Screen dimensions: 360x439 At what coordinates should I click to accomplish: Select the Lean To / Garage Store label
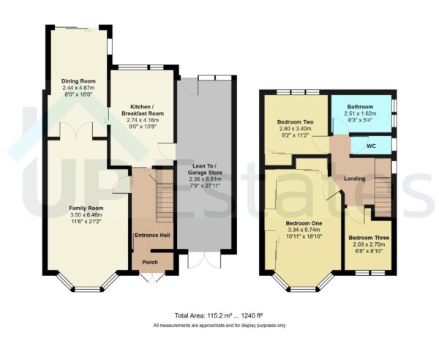pyautogui.click(x=205, y=168)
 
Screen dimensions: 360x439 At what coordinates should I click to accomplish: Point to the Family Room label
pyautogui.click(x=80, y=208)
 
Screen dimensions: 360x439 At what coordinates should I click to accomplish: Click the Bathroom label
pyautogui.click(x=359, y=107)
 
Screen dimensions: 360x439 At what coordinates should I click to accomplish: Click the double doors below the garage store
pyautogui.click(x=200, y=260)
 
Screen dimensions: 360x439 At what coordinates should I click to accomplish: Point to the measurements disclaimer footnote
pyautogui.click(x=219, y=325)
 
